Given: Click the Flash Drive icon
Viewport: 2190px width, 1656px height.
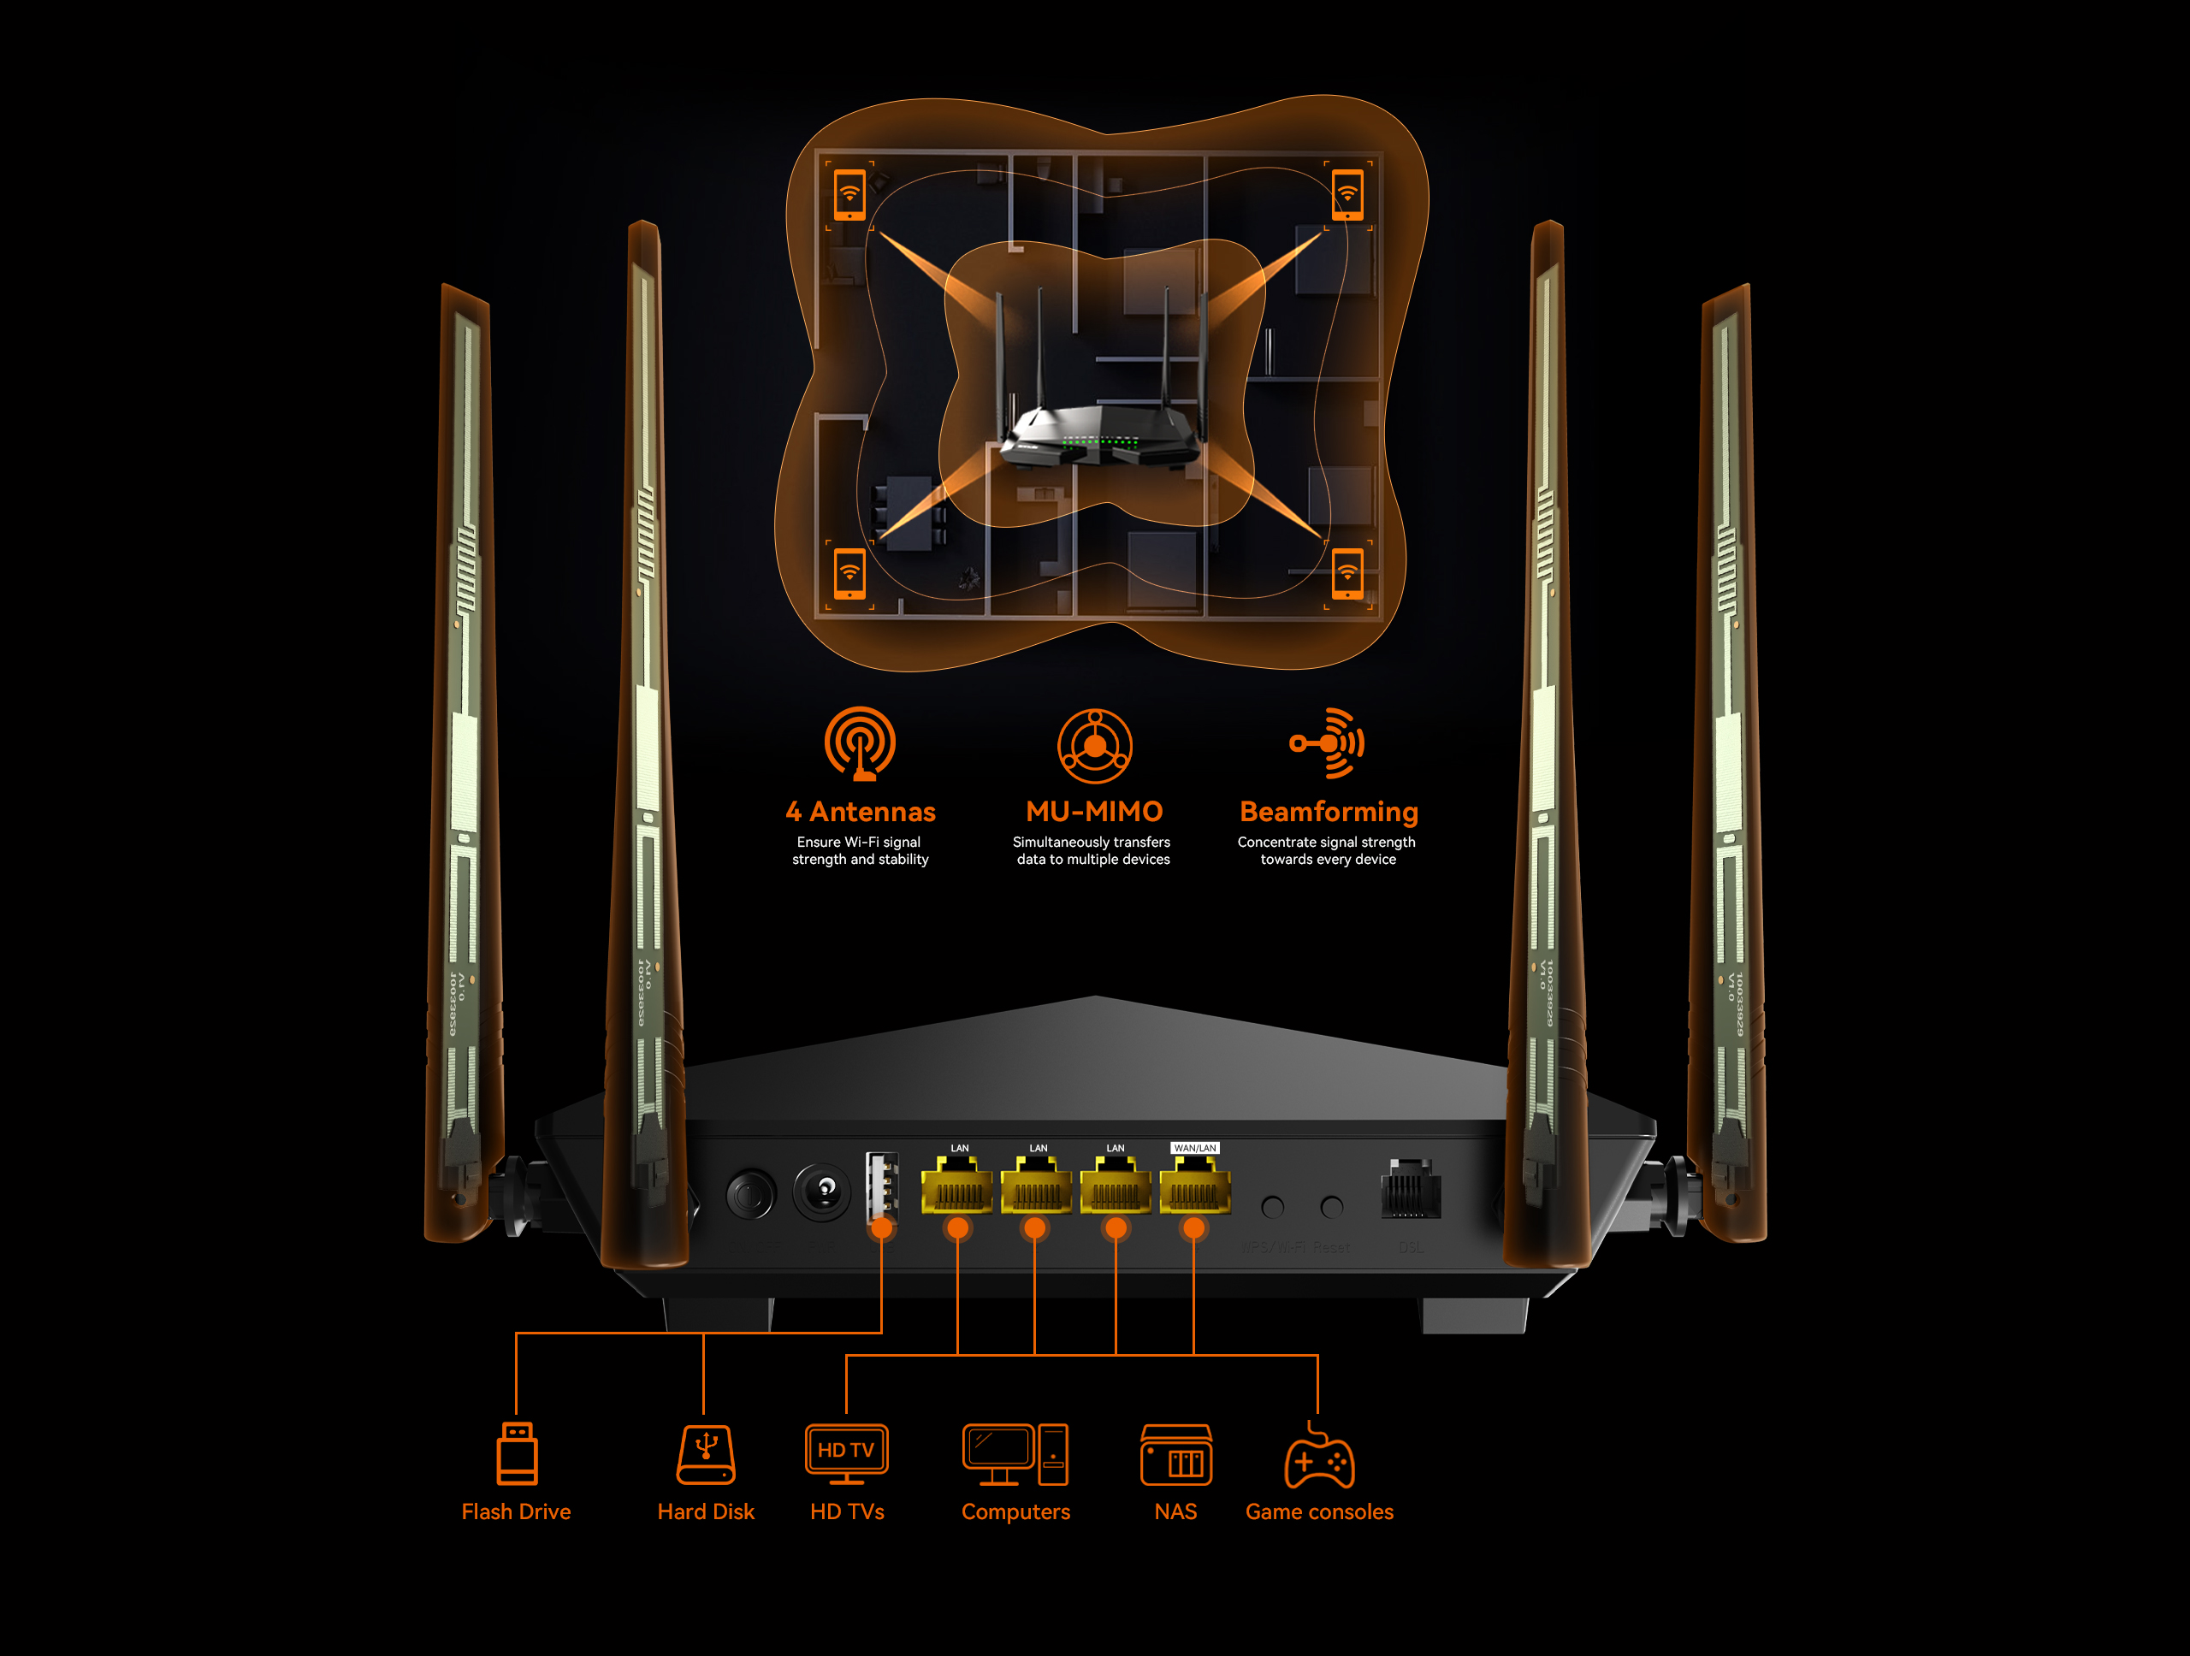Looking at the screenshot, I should [517, 1453].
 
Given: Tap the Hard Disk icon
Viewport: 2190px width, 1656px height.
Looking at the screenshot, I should [706, 1454].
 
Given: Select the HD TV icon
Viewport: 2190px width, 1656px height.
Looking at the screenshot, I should [847, 1453].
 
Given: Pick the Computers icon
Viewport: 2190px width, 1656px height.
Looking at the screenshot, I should [1015, 1454].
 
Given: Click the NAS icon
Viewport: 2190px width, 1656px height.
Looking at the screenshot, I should [1175, 1455].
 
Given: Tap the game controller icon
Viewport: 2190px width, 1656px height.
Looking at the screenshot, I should [1319, 1460].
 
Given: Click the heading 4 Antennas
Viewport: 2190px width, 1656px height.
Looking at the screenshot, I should [861, 812].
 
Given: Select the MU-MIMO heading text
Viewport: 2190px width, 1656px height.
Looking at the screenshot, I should [1094, 812].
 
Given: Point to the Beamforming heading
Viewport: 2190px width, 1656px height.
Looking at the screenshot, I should [1329, 812].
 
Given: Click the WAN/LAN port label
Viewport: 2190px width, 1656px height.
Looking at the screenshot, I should [1194, 1148].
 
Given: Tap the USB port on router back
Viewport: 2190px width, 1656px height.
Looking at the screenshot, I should [881, 1186].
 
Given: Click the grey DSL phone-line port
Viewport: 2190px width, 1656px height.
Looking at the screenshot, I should [1410, 1190].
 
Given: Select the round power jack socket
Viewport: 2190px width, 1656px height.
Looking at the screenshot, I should [822, 1192].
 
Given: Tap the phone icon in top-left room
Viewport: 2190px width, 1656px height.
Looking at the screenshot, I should [849, 194].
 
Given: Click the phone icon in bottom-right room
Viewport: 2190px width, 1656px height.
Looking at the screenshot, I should [1347, 573].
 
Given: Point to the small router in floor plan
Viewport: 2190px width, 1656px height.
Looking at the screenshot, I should [1099, 435].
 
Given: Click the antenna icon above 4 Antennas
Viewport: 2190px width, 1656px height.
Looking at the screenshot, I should [861, 743].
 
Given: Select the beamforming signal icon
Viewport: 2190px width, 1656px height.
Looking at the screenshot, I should [1328, 743].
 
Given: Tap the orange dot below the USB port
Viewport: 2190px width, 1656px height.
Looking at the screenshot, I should [881, 1229].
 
